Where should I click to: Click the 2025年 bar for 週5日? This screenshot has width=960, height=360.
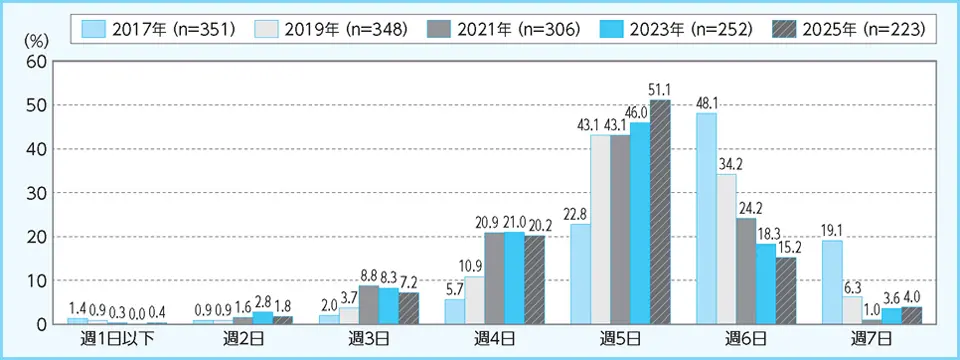(x=660, y=212)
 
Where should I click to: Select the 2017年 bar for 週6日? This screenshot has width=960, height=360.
(x=706, y=218)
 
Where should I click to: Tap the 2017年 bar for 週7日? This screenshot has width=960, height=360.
(x=832, y=282)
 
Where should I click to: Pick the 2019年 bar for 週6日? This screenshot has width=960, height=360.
(x=726, y=249)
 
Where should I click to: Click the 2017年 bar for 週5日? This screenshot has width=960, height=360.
(x=580, y=274)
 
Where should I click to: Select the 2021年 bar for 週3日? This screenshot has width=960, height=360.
(x=368, y=304)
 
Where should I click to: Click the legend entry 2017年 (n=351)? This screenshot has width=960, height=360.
(x=155, y=29)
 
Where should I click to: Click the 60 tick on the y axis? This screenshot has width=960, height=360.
(x=36, y=61)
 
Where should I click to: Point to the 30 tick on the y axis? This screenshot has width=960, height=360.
(x=36, y=193)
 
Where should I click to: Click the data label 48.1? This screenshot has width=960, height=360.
(x=707, y=104)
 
